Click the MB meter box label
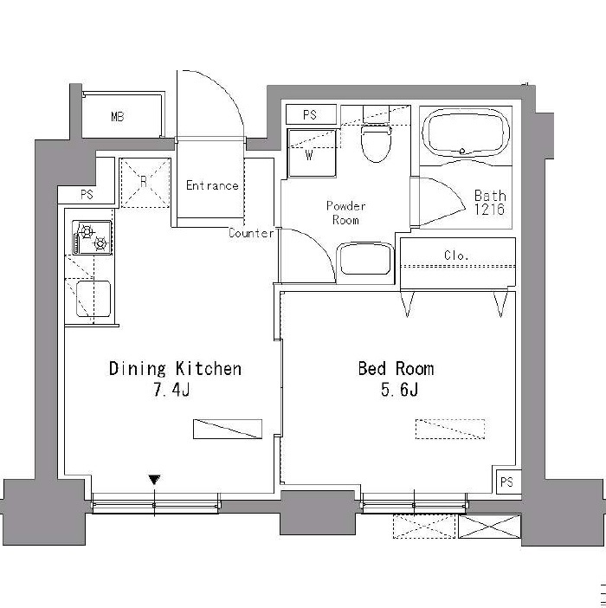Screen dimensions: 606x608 [x=118, y=116]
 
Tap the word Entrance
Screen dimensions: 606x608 [x=212, y=185]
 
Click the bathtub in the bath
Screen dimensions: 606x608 [x=467, y=133]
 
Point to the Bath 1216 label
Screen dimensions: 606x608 [x=490, y=202]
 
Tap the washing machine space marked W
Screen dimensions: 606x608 [x=312, y=153]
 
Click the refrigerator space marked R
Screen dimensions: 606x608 [x=145, y=182]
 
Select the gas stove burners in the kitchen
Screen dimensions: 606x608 [x=93, y=237]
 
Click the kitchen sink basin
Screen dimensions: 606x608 [x=93, y=299]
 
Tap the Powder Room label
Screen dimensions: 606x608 [x=345, y=212]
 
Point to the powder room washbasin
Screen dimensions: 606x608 [x=364, y=258]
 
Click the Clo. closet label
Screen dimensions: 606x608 [x=456, y=255]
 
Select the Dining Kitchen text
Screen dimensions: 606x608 [x=175, y=368]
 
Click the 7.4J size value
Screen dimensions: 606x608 [x=171, y=390]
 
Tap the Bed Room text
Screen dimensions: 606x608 [x=396, y=368]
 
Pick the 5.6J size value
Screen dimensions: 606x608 [x=399, y=390]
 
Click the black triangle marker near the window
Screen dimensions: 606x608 [x=155, y=480]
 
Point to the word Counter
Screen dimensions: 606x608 [x=251, y=233]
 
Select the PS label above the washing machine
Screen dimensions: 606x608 [x=310, y=115]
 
